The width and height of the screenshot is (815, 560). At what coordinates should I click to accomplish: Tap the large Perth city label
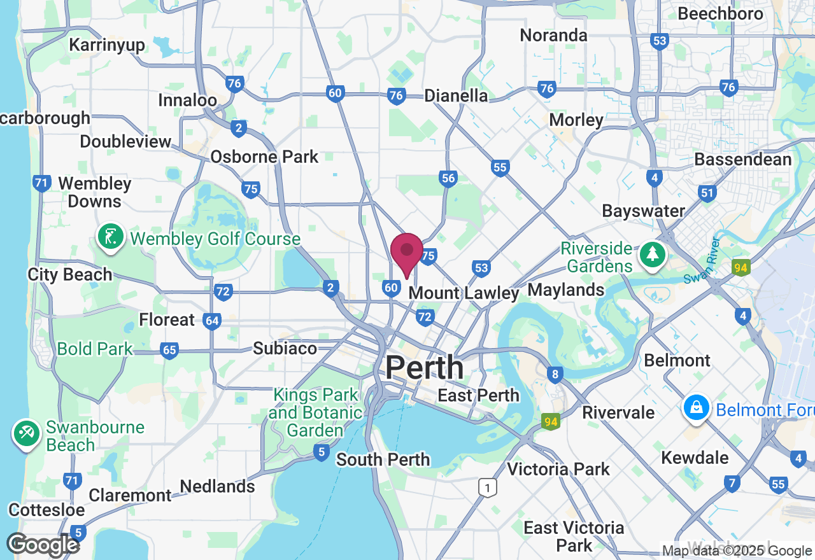[x=425, y=368]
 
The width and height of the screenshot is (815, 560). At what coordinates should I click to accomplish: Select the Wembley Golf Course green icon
[x=111, y=237]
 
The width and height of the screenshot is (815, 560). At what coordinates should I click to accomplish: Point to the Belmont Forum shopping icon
[x=697, y=408]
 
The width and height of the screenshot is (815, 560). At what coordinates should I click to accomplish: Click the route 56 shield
[x=448, y=178]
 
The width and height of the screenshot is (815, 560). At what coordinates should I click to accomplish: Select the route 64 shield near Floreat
[x=212, y=320]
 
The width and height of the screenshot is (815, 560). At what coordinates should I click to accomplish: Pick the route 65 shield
[x=169, y=350]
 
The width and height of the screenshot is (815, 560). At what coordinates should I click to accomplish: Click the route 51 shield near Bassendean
[x=707, y=193]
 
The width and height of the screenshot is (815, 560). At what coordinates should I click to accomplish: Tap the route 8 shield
[x=555, y=375]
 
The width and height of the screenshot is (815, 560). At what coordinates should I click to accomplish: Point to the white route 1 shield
[x=487, y=488]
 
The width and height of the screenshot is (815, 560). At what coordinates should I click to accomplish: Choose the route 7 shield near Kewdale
[x=732, y=484]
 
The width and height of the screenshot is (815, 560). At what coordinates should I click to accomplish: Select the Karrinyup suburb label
[x=107, y=45]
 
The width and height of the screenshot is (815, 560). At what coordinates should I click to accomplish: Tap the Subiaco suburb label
[x=285, y=348]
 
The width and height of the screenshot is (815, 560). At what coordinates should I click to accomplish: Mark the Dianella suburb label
[x=456, y=95]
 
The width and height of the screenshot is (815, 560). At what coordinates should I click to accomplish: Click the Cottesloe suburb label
[x=46, y=510]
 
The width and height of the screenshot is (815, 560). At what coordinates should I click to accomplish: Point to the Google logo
[x=43, y=545]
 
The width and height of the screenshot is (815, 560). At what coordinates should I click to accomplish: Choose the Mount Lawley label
[x=464, y=293]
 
